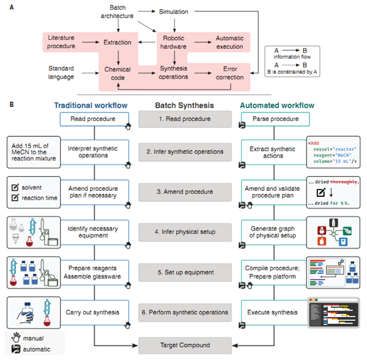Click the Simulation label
click(174, 12)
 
